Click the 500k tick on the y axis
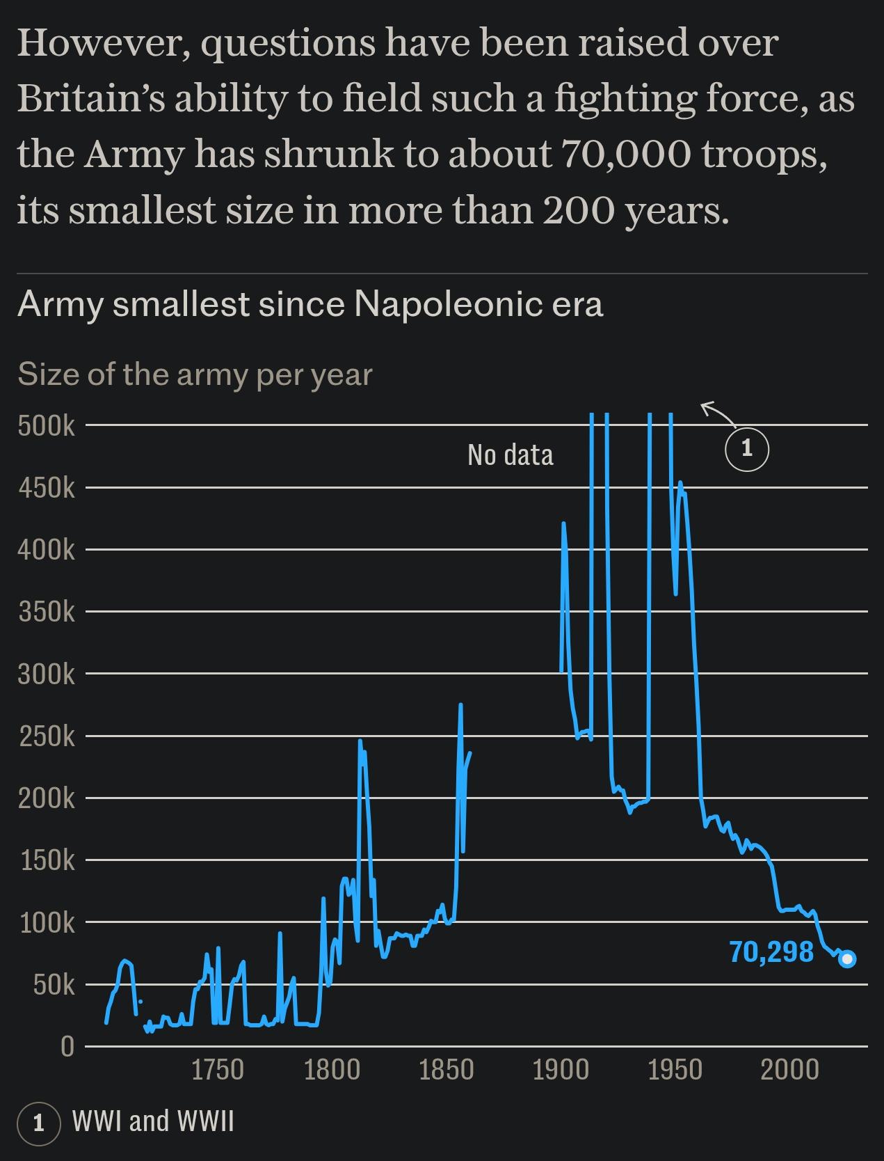pyautogui.click(x=46, y=425)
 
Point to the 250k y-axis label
pyautogui.click(x=46, y=736)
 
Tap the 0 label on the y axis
pyautogui.click(x=67, y=1046)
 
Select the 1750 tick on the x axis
pyautogui.click(x=218, y=1069)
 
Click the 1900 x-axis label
pyautogui.click(x=561, y=1069)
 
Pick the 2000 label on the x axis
pyautogui.click(x=789, y=1069)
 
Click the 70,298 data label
pyautogui.click(x=771, y=951)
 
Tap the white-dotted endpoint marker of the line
pyautogui.click(x=847, y=959)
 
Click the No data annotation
pyautogui.click(x=511, y=455)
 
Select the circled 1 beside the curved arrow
pyautogui.click(x=747, y=449)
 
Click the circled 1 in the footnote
pyautogui.click(x=39, y=1123)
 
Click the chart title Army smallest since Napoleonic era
pyautogui.click(x=310, y=304)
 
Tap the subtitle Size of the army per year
pyautogui.click(x=195, y=374)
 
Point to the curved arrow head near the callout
pyautogui.click(x=704, y=405)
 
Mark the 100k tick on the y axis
pyautogui.click(x=46, y=922)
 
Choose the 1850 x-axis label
pyautogui.click(x=447, y=1069)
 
